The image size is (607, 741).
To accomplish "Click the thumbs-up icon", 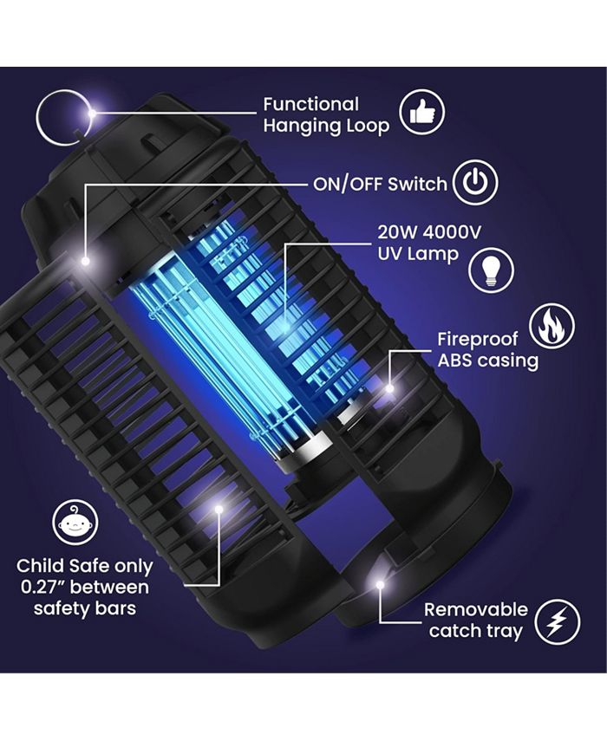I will point(421,113).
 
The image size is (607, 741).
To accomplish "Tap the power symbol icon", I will point(476,184).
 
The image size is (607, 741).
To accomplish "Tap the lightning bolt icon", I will point(557,621).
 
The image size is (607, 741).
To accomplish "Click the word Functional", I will point(310,105).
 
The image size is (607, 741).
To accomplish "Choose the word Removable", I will point(475,609).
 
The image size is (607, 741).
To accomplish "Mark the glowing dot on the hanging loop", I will point(91,112).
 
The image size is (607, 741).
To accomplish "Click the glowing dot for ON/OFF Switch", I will point(86,259).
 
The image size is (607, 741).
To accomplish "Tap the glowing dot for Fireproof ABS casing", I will point(390,388).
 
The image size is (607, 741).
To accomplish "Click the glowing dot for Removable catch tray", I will point(379,586).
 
